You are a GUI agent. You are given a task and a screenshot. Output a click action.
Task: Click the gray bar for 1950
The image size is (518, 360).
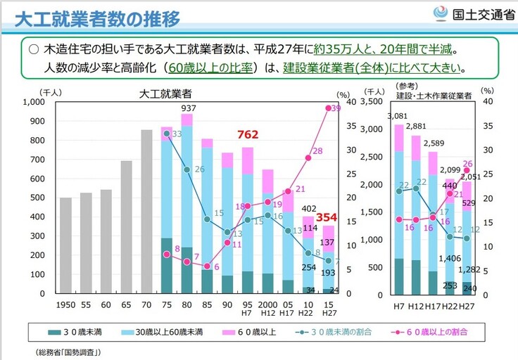click(65, 245)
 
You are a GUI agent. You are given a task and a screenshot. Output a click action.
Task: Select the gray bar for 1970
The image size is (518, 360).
click(146, 212)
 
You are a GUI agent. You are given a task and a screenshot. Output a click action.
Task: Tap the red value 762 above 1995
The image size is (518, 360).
click(248, 135)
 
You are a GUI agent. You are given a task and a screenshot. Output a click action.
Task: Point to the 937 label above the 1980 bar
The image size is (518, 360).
click(189, 108)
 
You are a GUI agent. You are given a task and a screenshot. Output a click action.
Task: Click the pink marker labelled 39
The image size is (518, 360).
click(329, 108)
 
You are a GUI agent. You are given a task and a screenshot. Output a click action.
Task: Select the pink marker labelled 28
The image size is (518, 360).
click(308, 158)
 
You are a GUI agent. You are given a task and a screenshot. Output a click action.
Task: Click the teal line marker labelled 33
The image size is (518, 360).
click(167, 134)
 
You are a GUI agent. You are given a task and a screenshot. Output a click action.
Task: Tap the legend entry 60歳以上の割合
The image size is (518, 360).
click(438, 330)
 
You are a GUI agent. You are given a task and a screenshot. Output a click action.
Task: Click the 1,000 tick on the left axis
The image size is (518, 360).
click(33, 103)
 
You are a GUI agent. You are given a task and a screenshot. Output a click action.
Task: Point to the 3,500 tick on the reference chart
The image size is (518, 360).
click(376, 103)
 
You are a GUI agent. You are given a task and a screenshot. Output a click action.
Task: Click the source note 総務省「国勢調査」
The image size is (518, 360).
click(68, 352)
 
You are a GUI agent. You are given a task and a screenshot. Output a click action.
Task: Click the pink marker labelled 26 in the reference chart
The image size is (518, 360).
click(467, 170)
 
